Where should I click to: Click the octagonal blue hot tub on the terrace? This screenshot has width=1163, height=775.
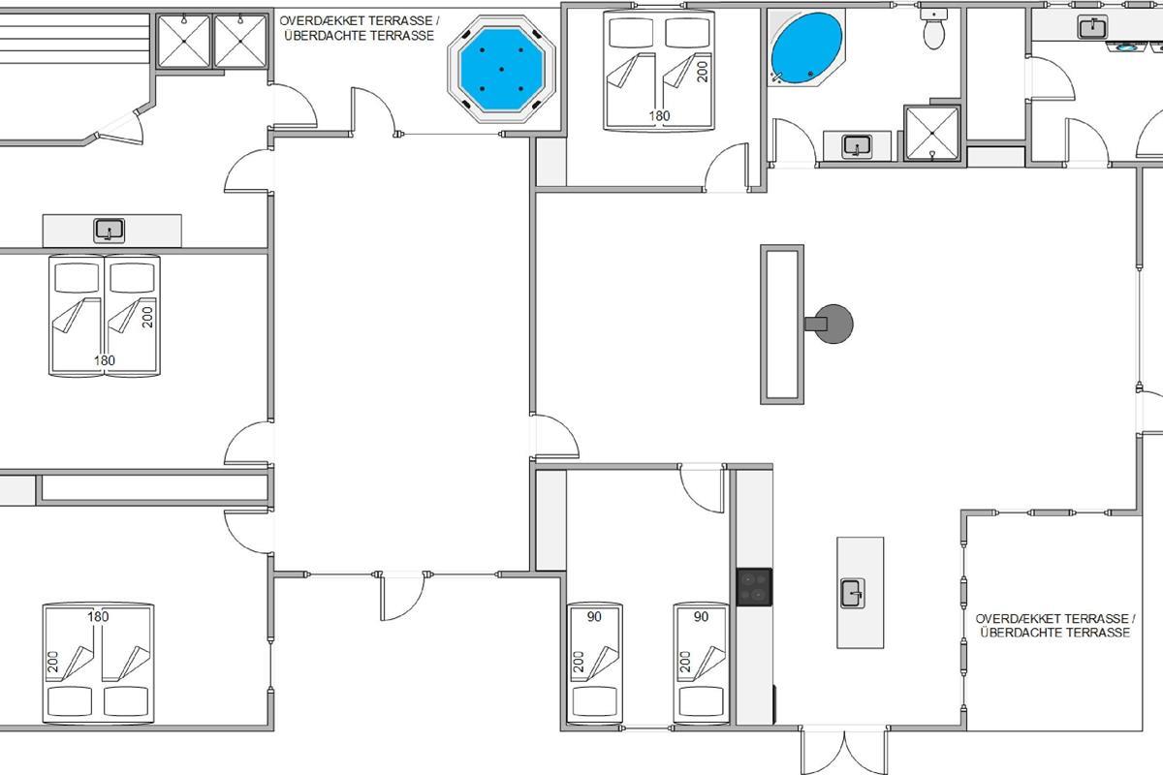click(502, 69)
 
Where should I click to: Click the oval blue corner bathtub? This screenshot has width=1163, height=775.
click(806, 47)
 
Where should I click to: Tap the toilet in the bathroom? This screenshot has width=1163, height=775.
click(933, 28)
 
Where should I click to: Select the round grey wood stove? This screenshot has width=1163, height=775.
click(833, 324)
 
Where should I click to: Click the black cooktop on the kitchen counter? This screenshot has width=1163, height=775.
click(754, 587)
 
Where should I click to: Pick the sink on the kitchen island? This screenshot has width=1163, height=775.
click(853, 593)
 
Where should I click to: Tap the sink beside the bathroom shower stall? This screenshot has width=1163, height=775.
click(857, 146)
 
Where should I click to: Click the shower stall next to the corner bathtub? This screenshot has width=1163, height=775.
click(932, 134)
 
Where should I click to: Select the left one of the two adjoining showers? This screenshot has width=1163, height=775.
click(183, 41)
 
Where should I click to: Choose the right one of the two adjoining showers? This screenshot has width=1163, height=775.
click(240, 41)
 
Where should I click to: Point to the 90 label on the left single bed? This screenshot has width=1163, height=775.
click(594, 617)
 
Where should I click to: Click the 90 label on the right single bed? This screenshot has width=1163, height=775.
click(701, 617)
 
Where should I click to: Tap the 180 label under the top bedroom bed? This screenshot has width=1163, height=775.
click(659, 115)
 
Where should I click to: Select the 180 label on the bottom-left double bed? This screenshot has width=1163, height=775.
click(98, 617)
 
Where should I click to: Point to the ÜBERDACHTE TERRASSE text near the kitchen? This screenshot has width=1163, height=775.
click(1055, 633)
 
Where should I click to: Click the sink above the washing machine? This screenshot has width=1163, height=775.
click(1092, 26)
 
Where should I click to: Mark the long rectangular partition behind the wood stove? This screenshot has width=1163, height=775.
click(782, 325)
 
